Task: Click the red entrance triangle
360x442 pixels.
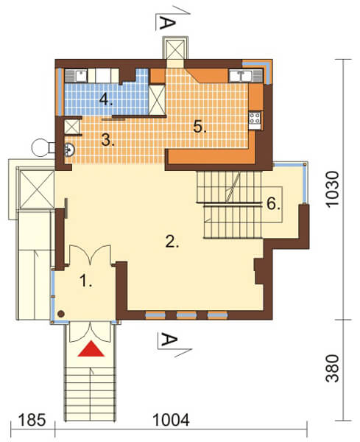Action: pos(91,349)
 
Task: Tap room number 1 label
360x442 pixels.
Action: pos(85,281)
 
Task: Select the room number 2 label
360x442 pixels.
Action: pos(172,242)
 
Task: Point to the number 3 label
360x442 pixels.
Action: pos(108,140)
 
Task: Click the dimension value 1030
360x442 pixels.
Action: pos(332,189)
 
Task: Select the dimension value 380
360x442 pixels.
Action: pos(332,369)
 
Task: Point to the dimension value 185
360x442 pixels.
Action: pos(32,421)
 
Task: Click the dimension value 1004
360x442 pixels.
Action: pos(171,421)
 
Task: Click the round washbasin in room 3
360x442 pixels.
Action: pos(69,150)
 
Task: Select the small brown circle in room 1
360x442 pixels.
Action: pos(61,314)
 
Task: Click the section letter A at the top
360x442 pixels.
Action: pos(167,23)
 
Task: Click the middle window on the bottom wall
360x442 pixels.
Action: pos(186,315)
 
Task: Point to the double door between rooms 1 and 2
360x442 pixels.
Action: pos(90,255)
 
